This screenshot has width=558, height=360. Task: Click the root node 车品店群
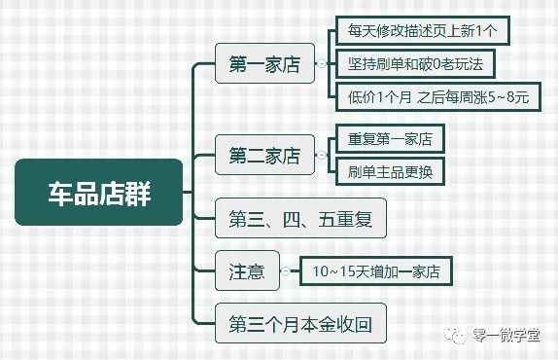98,193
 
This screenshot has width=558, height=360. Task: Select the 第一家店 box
264,65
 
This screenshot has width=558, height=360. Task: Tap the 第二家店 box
264,156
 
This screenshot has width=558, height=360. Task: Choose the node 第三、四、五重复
300,217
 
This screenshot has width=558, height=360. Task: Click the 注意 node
247,270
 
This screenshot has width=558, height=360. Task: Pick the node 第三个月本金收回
300,322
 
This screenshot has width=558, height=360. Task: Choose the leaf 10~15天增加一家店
369,270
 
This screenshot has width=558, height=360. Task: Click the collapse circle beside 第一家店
321,65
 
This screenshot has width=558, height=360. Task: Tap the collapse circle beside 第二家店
321,156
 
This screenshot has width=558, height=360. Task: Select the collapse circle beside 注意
286,270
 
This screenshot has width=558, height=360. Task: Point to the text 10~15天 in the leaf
331,270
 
